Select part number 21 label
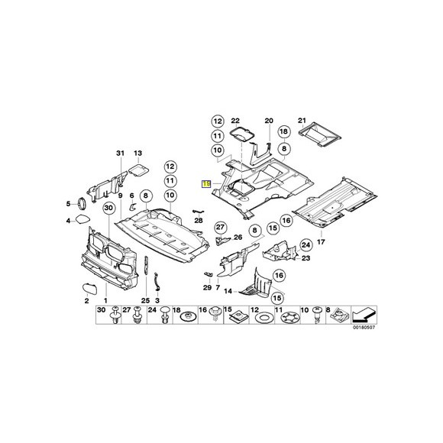[x=301, y=121]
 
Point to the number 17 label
[x=322, y=242]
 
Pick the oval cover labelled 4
[x=83, y=221]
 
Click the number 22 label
[x=236, y=121]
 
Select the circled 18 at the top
[x=283, y=131]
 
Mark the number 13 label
[x=138, y=154]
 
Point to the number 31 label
[x=120, y=154]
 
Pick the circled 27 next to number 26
[x=220, y=227]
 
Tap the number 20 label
[x=268, y=121]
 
